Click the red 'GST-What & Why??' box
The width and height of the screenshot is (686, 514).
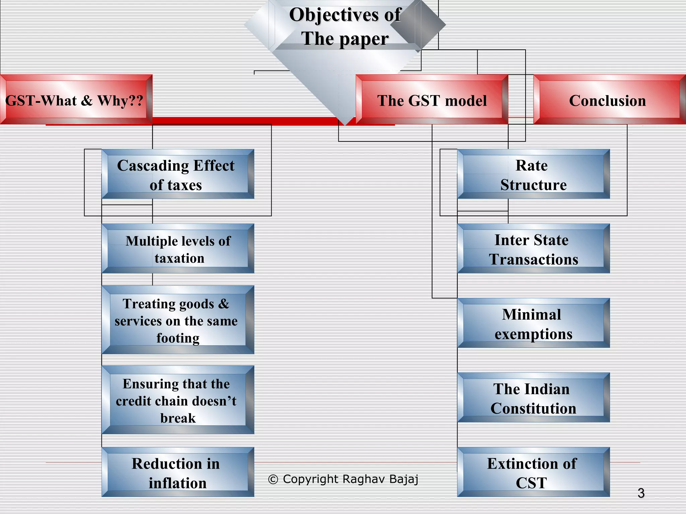(x=76, y=100)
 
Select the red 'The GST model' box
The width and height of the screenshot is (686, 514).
(x=432, y=100)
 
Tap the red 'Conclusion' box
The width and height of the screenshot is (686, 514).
(x=608, y=100)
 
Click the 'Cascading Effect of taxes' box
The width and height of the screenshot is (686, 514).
(x=178, y=174)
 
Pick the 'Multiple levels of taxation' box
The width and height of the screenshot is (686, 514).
(x=178, y=249)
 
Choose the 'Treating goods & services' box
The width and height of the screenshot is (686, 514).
(x=178, y=320)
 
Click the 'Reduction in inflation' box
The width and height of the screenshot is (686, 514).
(x=178, y=472)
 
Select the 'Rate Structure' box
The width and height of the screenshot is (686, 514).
(x=533, y=174)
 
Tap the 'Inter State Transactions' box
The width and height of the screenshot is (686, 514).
(x=533, y=249)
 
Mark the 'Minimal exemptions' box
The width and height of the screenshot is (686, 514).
(x=533, y=323)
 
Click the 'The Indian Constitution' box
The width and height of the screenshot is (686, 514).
(x=533, y=398)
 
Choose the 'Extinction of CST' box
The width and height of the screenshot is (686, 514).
(x=533, y=472)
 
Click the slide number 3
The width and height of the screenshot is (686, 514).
(x=641, y=493)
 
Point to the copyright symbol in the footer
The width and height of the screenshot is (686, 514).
(x=273, y=480)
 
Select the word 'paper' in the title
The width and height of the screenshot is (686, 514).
(x=364, y=39)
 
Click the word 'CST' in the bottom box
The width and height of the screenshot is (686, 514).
(x=531, y=483)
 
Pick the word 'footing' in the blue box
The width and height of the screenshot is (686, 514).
(x=178, y=338)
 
